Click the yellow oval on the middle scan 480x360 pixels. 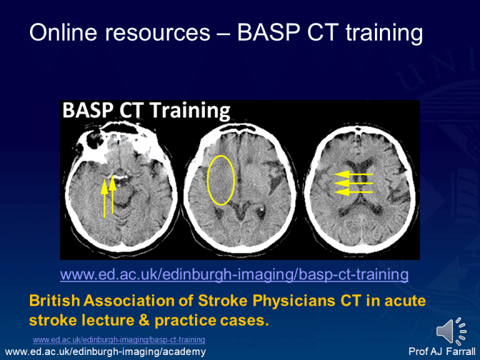(221, 180)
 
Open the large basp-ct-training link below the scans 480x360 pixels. (234, 274)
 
